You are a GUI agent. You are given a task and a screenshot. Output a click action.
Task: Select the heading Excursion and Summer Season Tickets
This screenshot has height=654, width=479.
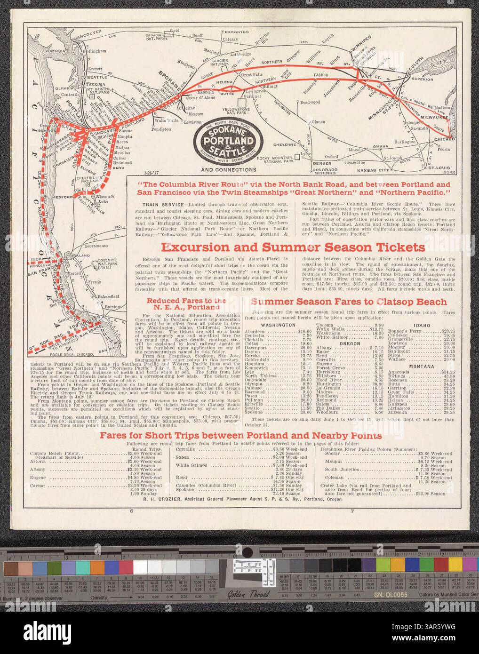click(x=292, y=247)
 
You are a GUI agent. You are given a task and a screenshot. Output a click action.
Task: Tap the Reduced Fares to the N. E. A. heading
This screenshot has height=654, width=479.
click(x=186, y=304)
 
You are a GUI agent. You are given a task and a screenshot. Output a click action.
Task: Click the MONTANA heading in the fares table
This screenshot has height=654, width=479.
click(x=421, y=366)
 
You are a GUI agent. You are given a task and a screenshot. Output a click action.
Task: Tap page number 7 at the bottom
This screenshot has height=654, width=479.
click(x=351, y=511)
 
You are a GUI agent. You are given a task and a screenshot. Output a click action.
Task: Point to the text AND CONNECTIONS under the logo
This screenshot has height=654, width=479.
click(x=228, y=170)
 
